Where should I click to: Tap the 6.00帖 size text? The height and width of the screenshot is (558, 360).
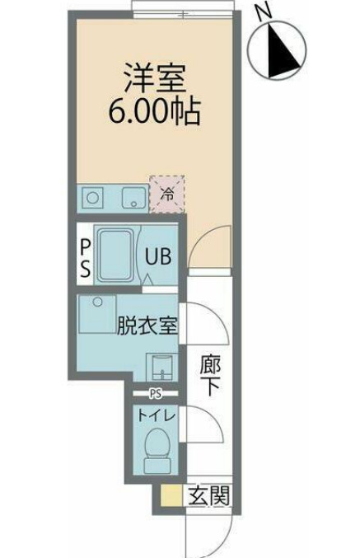155,110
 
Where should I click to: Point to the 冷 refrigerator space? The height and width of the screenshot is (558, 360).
166,195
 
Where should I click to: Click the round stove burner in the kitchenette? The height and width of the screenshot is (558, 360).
92,198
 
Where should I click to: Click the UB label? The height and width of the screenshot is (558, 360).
158,256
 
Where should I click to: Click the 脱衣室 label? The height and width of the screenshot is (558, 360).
148,325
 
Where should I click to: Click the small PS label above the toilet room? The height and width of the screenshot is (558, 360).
156,394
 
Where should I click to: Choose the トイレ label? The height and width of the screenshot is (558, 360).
156,417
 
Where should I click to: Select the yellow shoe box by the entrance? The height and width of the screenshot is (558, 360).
171,496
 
